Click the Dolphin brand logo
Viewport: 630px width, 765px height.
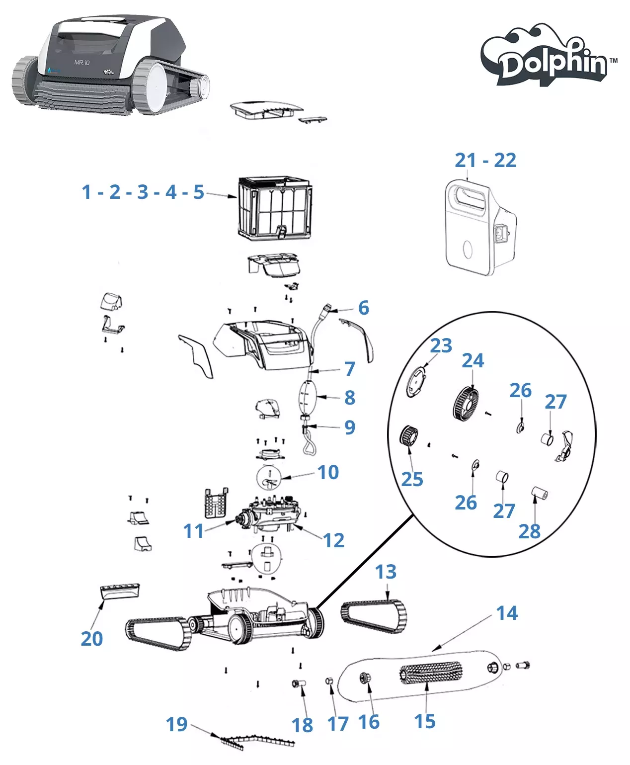click(x=549, y=56)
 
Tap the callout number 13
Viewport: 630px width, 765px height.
click(x=386, y=572)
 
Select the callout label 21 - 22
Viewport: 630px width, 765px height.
click(x=485, y=160)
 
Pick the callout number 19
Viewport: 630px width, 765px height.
click(x=176, y=724)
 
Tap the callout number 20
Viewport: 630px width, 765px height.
click(x=92, y=638)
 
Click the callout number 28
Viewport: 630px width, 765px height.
click(x=529, y=531)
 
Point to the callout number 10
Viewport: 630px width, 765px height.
click(x=328, y=472)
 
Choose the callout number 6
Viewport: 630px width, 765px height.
click(x=364, y=308)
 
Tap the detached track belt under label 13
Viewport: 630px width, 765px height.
click(x=374, y=616)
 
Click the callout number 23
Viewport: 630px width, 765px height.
click(x=441, y=345)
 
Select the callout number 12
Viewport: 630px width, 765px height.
click(x=333, y=540)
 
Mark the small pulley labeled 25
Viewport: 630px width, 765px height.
click(x=408, y=437)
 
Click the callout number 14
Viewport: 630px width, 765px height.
click(x=507, y=613)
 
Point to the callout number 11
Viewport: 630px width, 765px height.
click(x=193, y=531)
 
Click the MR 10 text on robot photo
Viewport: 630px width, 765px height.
click(x=82, y=63)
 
